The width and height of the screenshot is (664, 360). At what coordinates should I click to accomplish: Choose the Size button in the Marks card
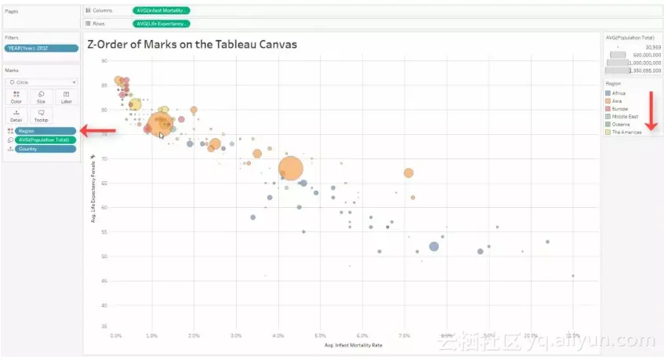pos(41,97)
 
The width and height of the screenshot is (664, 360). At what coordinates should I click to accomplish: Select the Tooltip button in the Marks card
pos(41,115)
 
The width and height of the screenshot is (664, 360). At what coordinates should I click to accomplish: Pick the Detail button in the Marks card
pos(16,115)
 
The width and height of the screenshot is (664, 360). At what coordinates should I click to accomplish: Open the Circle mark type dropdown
pos(41,82)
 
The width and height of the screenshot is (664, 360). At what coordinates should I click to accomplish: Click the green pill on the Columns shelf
pos(161,11)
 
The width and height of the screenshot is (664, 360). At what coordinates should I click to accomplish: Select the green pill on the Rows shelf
pos(161,24)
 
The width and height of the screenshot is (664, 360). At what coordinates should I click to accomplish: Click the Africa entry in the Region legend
pos(619,93)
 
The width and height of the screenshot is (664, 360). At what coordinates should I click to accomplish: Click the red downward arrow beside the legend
pos(649,110)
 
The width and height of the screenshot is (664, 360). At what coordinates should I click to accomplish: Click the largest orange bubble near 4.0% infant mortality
pos(291,169)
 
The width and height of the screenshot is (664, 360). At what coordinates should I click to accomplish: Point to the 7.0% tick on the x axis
pos(404,336)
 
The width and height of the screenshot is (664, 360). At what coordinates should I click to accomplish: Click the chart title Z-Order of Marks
pos(192,44)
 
